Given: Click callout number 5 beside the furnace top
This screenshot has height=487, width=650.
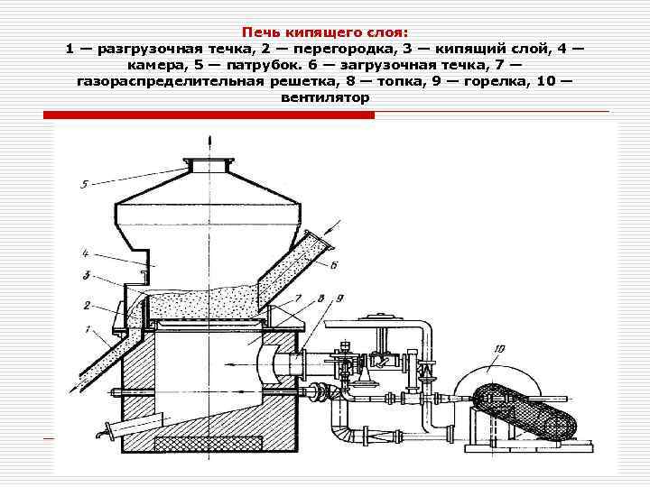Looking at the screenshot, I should (84, 185).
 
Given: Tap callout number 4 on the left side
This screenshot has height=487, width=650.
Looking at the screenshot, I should (84, 253).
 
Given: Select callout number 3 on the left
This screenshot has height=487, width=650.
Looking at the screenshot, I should (84, 276).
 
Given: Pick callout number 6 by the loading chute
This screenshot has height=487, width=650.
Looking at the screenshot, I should (333, 264).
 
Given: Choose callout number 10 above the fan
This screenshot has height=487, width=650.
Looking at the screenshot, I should (499, 347).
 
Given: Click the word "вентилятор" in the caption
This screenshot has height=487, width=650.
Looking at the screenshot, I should (325, 97).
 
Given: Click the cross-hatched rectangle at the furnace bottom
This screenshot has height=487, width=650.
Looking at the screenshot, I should (209, 444).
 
